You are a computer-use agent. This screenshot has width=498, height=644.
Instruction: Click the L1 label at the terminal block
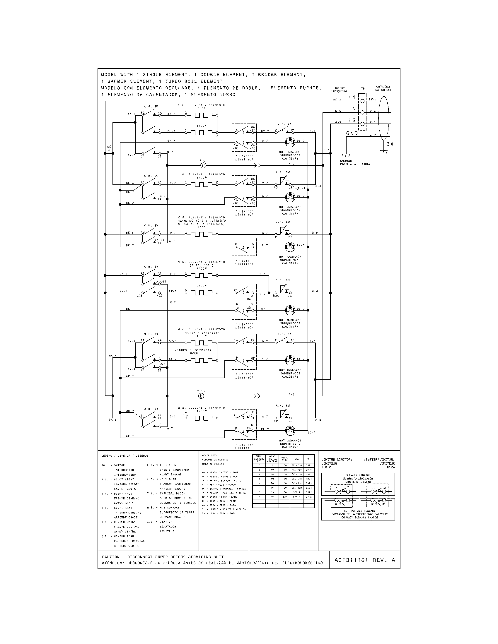tap(352, 97)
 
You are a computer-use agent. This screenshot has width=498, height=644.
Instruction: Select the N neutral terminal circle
tap(362, 112)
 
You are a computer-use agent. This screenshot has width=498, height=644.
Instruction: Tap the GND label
tap(352, 133)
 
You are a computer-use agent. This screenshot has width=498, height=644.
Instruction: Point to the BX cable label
tap(390, 144)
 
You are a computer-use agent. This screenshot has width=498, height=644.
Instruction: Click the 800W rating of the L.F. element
tap(202, 108)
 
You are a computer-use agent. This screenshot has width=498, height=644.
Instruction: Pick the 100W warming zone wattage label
tap(202, 227)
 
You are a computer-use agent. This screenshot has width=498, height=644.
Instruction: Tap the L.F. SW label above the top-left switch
tap(151, 106)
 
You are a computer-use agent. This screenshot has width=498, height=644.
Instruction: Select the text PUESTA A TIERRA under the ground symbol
tap(355, 164)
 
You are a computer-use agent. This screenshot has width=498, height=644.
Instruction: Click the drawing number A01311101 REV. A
tap(365, 560)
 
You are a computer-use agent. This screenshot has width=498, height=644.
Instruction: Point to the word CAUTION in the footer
tap(111, 557)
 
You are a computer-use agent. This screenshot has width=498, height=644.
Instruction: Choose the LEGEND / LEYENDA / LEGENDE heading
tap(125, 455)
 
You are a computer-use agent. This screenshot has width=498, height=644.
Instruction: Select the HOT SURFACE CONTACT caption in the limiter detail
tap(358, 511)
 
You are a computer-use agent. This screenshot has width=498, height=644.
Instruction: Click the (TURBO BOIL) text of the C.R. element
tap(202, 265)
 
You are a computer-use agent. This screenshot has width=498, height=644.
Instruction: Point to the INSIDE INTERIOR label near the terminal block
tap(339, 90)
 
